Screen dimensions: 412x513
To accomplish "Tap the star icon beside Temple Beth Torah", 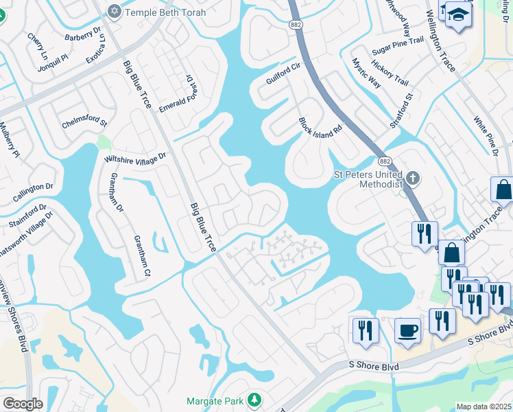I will click(114, 11).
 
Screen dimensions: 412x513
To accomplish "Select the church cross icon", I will click(411, 179).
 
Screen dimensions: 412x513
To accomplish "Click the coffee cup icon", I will click(408, 330).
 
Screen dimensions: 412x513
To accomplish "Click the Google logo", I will click(23, 404).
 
